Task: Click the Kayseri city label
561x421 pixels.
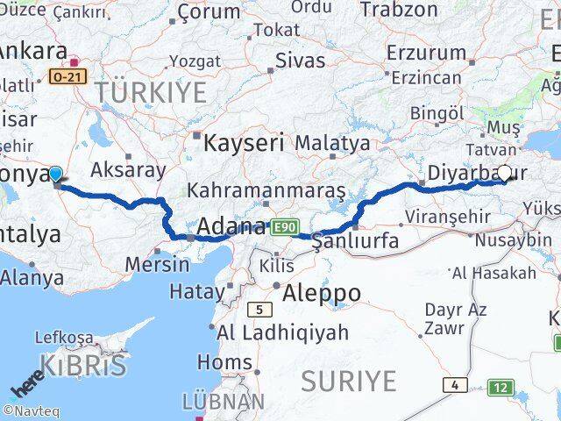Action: tap(244, 141)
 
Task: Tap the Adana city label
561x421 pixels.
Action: tap(231, 227)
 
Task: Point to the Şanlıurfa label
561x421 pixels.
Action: tap(356, 240)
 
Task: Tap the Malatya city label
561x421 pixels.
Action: tap(332, 141)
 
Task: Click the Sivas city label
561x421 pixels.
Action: tap(300, 61)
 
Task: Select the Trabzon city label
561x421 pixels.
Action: tap(399, 10)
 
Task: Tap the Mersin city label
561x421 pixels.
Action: tap(157, 263)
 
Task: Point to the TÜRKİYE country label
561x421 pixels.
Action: tap(151, 91)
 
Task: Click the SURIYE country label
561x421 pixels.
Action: tap(349, 381)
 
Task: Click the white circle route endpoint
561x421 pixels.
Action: tap(505, 173)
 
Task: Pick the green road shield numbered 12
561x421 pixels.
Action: tap(501, 387)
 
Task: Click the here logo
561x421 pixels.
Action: tap(25, 387)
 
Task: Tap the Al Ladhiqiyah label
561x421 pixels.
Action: tap(282, 332)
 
